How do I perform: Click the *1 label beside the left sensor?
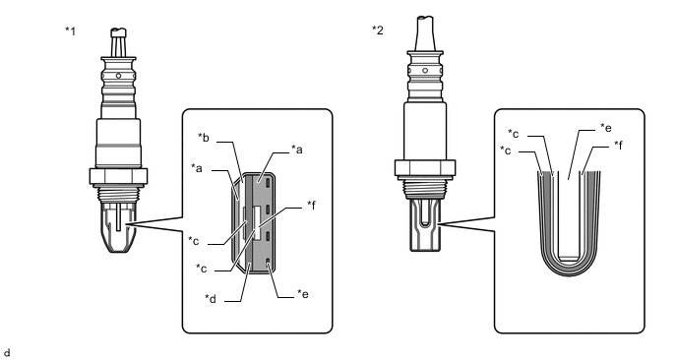click(71, 31)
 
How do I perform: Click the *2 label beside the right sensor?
click(378, 30)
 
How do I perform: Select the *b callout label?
click(204, 138)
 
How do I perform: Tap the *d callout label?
click(211, 298)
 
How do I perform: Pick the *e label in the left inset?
click(303, 293)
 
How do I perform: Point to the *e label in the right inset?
click(606, 127)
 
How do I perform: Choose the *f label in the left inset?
click(311, 205)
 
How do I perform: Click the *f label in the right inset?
click(618, 145)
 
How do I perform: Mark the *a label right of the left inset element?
click(297, 150)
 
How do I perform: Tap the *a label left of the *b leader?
click(197, 167)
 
